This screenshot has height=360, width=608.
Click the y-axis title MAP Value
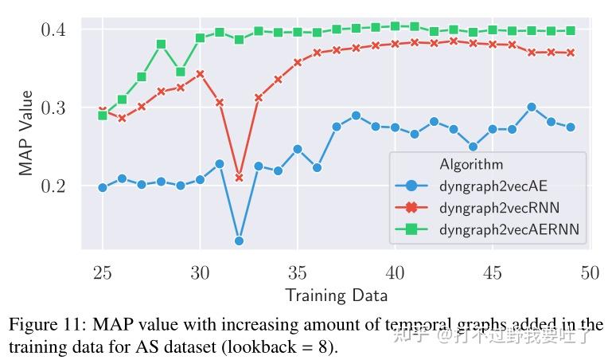pyautogui.click(x=26, y=133)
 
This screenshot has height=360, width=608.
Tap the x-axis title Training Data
pyautogui.click(x=336, y=295)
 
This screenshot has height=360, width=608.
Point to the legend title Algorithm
pyautogui.click(x=471, y=165)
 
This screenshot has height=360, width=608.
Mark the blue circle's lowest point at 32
pyautogui.click(x=239, y=241)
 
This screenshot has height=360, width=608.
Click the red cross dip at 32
pyautogui.click(x=239, y=177)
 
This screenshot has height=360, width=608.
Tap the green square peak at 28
pyautogui.click(x=161, y=44)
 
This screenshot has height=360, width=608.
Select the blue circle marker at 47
pyautogui.click(x=532, y=107)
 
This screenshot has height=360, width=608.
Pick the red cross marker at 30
pyautogui.click(x=200, y=74)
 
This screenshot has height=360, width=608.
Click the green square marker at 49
pyautogui.click(x=571, y=31)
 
